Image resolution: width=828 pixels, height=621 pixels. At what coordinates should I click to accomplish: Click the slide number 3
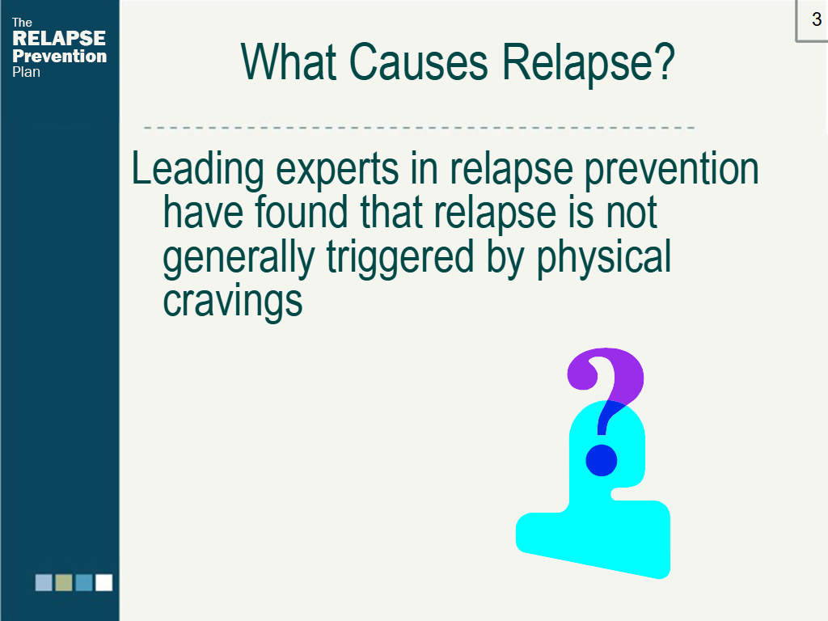point(817,19)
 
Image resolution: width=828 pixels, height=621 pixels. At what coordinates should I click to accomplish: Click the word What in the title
point(289,62)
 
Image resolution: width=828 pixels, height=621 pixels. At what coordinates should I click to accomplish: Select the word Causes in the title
point(418,62)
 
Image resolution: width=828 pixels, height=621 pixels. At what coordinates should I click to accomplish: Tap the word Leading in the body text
point(197,170)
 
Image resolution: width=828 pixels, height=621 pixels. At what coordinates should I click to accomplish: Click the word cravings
point(232,301)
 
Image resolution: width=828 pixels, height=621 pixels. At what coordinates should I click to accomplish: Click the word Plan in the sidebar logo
point(26,72)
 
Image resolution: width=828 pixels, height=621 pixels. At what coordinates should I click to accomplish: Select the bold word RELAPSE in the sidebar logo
point(58,38)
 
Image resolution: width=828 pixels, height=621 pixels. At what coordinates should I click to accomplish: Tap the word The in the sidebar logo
point(22,23)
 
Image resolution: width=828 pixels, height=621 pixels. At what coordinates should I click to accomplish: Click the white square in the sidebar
point(103,582)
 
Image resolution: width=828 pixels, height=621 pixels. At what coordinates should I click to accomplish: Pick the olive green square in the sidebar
point(64,582)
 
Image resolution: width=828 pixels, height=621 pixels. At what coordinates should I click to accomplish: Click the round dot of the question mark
point(602,460)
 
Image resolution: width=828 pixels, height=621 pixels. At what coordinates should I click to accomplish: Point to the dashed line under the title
point(419,127)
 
